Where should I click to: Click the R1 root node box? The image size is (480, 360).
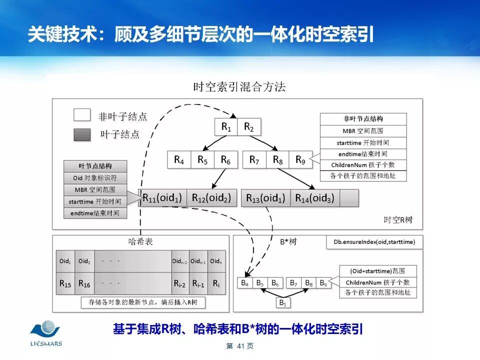[226, 127]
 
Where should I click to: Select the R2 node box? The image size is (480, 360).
[248, 127]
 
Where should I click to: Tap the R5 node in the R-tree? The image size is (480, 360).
[202, 160]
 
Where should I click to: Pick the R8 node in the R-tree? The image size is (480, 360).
[277, 160]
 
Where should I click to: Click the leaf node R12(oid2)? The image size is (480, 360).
[211, 198]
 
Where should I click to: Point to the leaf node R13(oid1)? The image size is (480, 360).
[265, 198]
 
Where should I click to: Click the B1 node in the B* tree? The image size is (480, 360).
[282, 302]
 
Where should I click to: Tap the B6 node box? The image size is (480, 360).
[275, 283]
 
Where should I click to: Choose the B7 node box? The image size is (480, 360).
[294, 283]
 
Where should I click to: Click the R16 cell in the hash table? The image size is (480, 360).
[84, 283]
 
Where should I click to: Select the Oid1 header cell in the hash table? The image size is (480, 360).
[65, 261]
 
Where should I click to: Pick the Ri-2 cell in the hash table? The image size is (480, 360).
[180, 283]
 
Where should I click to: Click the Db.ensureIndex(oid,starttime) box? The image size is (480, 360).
[374, 242]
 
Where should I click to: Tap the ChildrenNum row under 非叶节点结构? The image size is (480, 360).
[363, 165]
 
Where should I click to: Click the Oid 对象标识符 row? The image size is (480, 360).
[95, 178]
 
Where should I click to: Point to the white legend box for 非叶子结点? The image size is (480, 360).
[82, 115]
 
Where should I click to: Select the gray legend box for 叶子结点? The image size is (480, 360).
[82, 134]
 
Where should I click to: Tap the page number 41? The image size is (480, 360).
[240, 346]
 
